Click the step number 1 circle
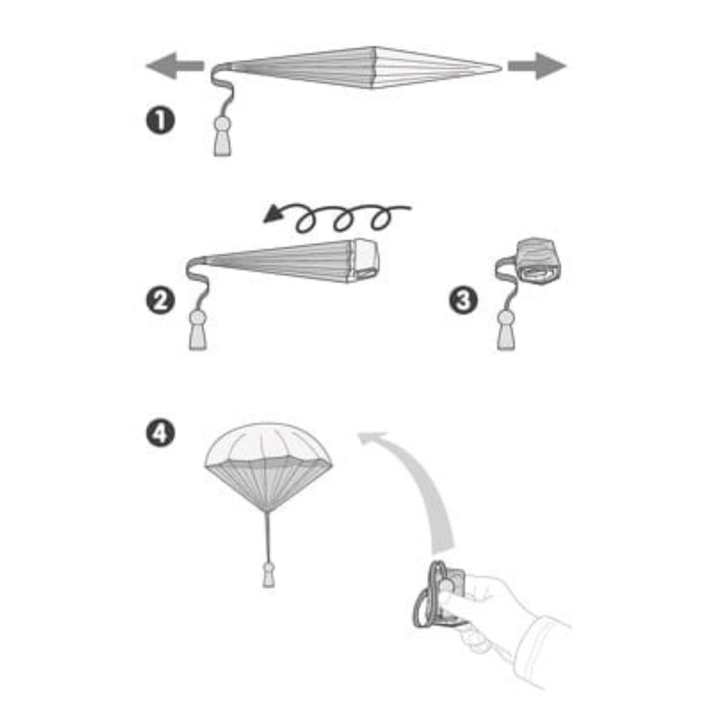(x=160, y=121)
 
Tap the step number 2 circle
(x=160, y=300)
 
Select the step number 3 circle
(x=463, y=300)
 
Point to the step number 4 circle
(x=160, y=433)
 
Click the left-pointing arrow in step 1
(x=175, y=65)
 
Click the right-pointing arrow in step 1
(x=537, y=65)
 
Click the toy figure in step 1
(x=222, y=136)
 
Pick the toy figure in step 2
(x=198, y=330)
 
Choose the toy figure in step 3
(x=506, y=330)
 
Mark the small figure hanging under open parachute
(x=269, y=575)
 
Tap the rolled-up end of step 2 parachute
(x=363, y=260)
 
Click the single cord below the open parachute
(x=268, y=537)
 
